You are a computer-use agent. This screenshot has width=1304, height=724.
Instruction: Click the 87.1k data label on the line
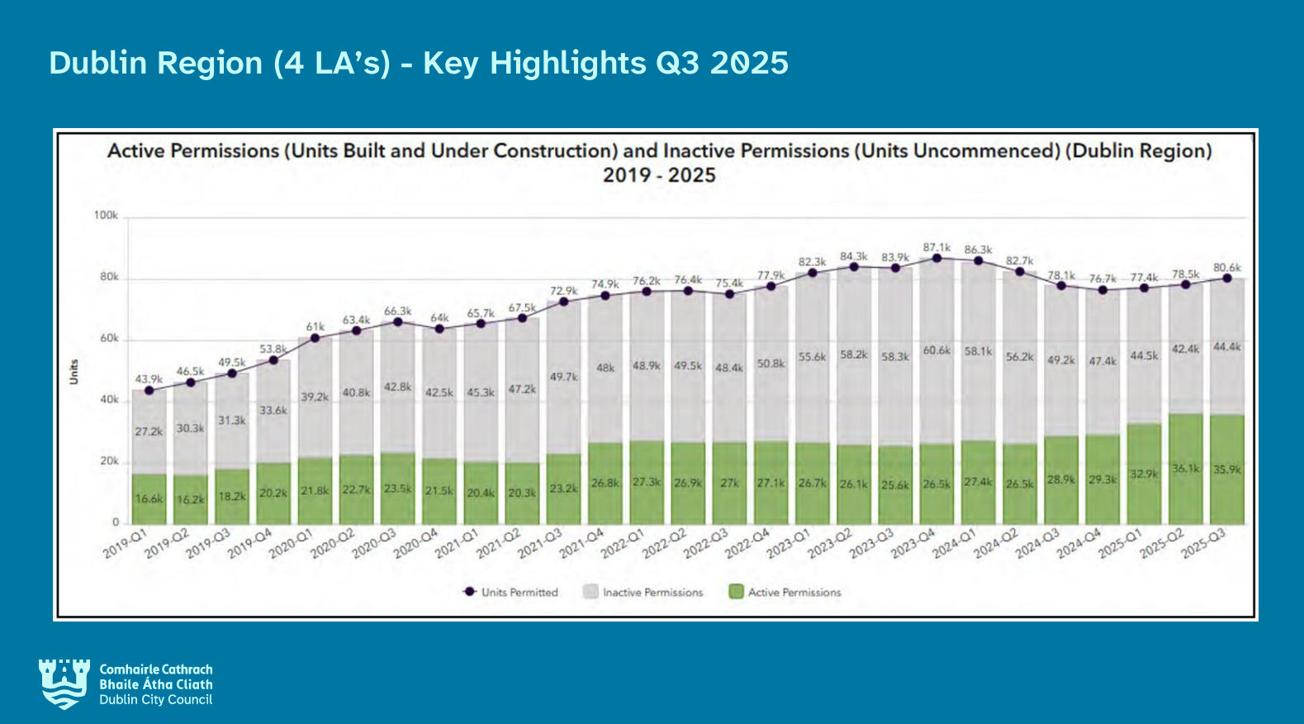tap(937, 247)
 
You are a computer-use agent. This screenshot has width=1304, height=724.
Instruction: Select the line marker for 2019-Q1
tap(149, 390)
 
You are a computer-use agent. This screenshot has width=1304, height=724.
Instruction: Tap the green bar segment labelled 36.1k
tap(1185, 469)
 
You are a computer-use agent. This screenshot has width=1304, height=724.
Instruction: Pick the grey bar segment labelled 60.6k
tap(937, 350)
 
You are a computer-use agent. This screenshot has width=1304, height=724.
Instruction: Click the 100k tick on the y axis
tap(106, 216)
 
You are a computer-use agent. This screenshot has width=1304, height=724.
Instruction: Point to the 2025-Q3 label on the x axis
tap(1204, 544)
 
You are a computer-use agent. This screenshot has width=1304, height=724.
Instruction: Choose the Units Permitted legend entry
tap(511, 592)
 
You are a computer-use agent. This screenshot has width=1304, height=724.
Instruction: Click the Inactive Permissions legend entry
tap(643, 592)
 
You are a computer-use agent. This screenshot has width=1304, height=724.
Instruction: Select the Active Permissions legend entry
tap(785, 592)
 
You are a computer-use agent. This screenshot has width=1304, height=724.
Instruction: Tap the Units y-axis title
tap(73, 371)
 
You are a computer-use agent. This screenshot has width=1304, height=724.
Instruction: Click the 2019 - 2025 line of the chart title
tap(659, 175)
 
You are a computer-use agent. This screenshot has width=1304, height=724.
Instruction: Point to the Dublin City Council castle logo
tap(64, 684)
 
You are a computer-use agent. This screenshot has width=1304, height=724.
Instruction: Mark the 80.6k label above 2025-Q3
tap(1226, 267)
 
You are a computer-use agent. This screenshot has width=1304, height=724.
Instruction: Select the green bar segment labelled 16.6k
tap(149, 498)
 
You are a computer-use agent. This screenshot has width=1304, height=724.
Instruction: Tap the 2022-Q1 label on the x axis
tap(623, 544)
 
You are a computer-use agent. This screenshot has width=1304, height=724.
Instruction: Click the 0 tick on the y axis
tap(116, 522)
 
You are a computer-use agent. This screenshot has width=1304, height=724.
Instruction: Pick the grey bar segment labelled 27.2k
tap(149, 431)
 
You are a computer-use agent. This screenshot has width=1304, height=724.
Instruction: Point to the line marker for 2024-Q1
tap(979, 260)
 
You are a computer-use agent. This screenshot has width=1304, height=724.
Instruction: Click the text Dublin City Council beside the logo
tap(155, 700)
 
